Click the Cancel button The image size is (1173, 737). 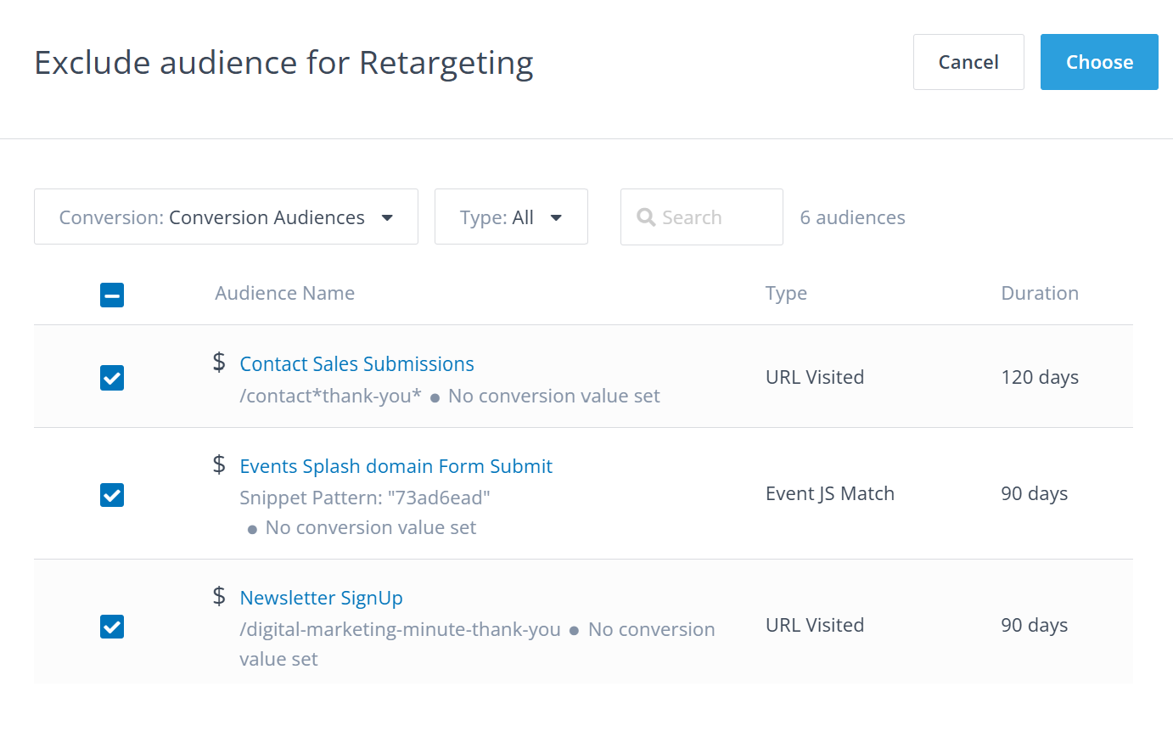pos(968,62)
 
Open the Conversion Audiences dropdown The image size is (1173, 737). pos(226,217)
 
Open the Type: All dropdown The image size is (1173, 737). pos(511,217)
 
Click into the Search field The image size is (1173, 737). pos(702,217)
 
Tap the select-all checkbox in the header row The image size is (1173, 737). pos(112,295)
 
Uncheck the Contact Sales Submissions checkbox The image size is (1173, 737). pos(112,378)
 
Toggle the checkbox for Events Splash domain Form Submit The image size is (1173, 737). pos(112,495)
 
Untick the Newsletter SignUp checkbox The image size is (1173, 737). pos(112,627)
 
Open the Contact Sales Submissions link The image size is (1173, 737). pos(356,364)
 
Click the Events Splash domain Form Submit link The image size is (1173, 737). pos(396,466)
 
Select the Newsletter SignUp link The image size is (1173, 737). pos(321,598)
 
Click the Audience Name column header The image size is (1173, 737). pos(285,293)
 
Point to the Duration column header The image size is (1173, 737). pos(1040,293)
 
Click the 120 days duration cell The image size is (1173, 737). pos(1040,377)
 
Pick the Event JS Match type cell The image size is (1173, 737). pos(830,493)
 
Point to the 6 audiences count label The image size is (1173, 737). pos(852,217)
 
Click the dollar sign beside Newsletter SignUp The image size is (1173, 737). pos(220,596)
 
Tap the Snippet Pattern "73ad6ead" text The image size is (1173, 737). pos(365,498)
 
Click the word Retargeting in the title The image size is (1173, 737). pos(446,64)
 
